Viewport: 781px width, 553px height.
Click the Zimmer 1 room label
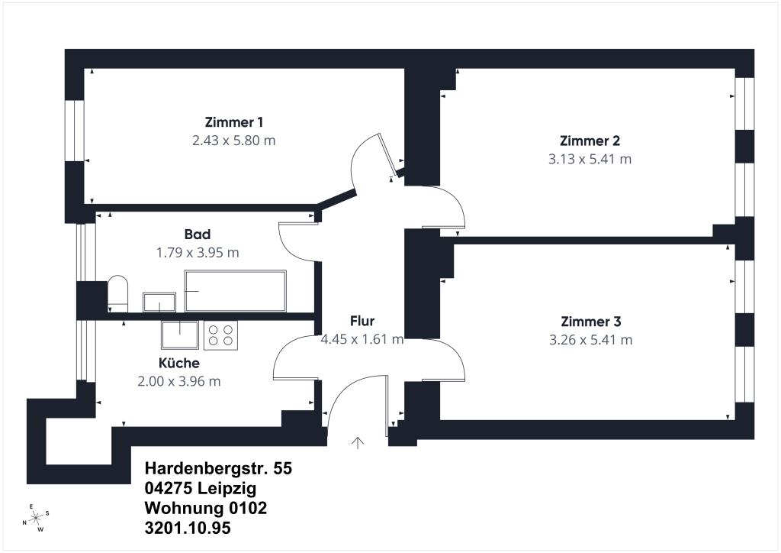tap(234, 122)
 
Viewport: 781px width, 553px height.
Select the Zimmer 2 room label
tap(590, 141)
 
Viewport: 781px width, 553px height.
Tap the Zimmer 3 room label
tap(590, 322)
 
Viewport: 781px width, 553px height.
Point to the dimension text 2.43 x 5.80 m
tap(234, 141)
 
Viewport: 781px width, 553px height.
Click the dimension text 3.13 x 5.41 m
tap(590, 159)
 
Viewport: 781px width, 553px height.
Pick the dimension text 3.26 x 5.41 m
tap(591, 340)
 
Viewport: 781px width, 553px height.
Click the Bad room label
tap(197, 234)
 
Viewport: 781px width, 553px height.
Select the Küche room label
tap(179, 363)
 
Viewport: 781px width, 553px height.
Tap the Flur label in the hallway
tap(362, 321)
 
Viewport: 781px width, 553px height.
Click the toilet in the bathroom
tap(118, 293)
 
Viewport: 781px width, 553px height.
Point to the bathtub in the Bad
tap(236, 291)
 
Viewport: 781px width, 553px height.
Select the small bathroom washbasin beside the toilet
tap(159, 302)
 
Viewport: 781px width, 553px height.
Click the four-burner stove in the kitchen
tap(221, 335)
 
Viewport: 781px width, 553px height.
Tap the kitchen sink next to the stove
tap(180, 335)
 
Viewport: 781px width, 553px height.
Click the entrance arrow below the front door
tap(358, 442)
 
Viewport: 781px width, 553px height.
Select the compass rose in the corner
tap(36, 518)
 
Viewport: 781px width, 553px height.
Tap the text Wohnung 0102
tap(206, 508)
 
